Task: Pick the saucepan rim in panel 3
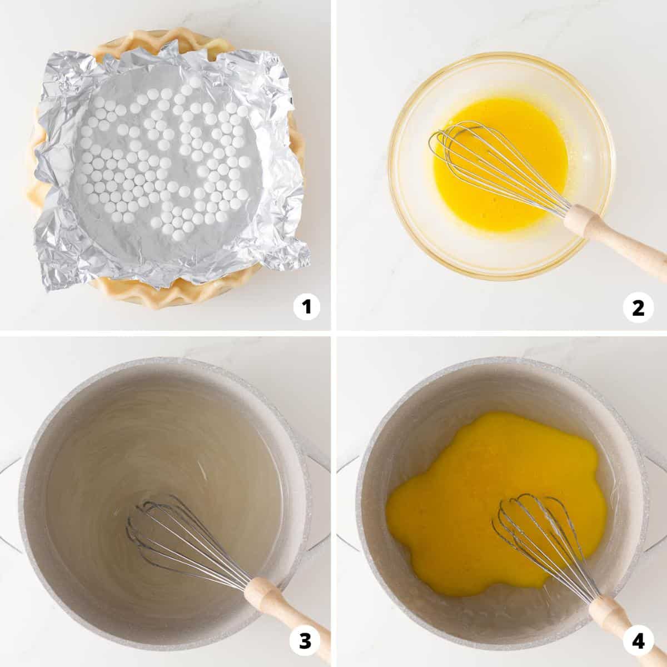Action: click(x=163, y=360)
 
